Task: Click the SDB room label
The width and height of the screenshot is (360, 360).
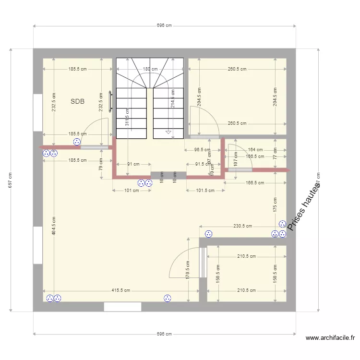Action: pyautogui.click(x=77, y=101)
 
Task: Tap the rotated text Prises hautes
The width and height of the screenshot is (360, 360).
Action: pyautogui.click(x=303, y=207)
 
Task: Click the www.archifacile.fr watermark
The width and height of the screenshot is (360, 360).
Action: pyautogui.click(x=330, y=338)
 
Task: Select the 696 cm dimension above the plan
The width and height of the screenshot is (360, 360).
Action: pyautogui.click(x=164, y=25)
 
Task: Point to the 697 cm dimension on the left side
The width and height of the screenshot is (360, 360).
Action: pyautogui.click(x=11, y=180)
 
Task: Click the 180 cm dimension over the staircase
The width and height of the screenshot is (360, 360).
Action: pyautogui.click(x=150, y=69)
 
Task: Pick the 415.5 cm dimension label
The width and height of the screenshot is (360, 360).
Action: pyautogui.click(x=120, y=290)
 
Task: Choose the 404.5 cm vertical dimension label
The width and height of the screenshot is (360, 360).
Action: pyautogui.click(x=54, y=225)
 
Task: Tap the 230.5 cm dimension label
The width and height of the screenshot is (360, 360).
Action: pyautogui.click(x=243, y=226)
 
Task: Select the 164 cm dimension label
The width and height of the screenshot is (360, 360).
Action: pyautogui.click(x=255, y=150)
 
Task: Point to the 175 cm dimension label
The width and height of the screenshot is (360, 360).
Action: pyautogui.click(x=275, y=205)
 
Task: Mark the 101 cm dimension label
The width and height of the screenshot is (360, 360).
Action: pyautogui.click(x=128, y=191)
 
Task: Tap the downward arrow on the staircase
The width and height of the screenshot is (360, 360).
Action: pyautogui.click(x=168, y=131)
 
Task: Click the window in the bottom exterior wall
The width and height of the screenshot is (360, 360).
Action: pyautogui.click(x=122, y=307)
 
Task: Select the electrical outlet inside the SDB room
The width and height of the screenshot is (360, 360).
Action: pyautogui.click(x=76, y=142)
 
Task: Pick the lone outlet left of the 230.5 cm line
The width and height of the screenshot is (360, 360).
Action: pyautogui.click(x=208, y=234)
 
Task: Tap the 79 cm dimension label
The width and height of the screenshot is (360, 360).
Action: pyautogui.click(x=101, y=166)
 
